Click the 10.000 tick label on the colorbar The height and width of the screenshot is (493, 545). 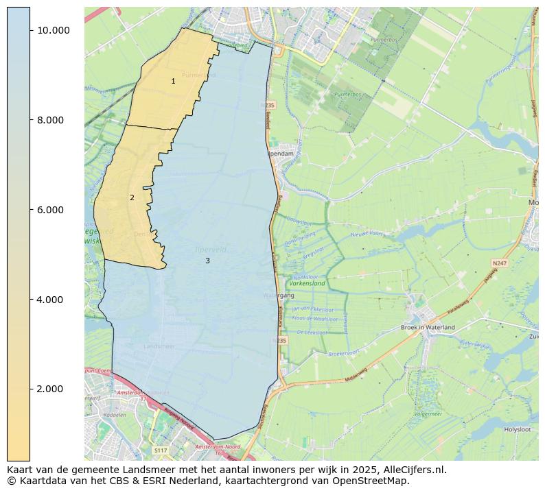pyautogui.click(x=54, y=30)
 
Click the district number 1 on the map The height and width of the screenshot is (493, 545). pyautogui.click(x=173, y=81)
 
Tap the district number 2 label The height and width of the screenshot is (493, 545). pyautogui.click(x=132, y=197)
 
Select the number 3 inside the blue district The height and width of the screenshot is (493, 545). pyautogui.click(x=207, y=261)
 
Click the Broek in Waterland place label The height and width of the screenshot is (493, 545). pyautogui.click(x=428, y=328)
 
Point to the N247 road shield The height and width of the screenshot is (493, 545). pyautogui.click(x=499, y=263)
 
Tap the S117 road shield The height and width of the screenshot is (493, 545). pyautogui.click(x=160, y=450)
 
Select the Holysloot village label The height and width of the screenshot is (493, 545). pyautogui.click(x=518, y=429)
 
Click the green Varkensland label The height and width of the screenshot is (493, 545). pyautogui.click(x=307, y=282)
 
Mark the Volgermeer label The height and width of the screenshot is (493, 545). pyautogui.click(x=428, y=414)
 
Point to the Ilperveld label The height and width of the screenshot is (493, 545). pyautogui.click(x=210, y=250)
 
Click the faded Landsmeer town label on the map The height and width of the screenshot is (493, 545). pyautogui.click(x=159, y=347)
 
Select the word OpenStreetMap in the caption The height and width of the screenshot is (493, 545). pyautogui.click(x=373, y=481)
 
